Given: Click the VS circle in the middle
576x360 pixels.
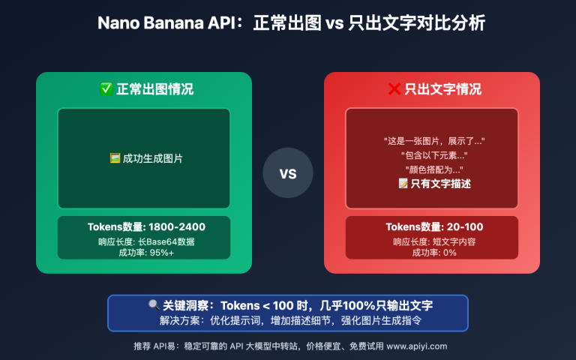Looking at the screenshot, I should [x=287, y=173].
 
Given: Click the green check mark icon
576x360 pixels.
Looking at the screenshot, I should [x=106, y=89].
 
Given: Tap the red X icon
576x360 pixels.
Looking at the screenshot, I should [x=394, y=89].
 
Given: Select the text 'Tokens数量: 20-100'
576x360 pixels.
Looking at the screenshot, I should [x=431, y=226].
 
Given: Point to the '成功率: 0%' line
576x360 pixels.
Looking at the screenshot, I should [x=431, y=253].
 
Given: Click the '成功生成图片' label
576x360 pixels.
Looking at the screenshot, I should [x=152, y=158].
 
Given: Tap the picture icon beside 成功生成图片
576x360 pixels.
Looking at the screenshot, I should [x=115, y=158].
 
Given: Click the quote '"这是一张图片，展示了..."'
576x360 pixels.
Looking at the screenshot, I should [x=431, y=141].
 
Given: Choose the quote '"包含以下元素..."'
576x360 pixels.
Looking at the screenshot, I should [x=431, y=155].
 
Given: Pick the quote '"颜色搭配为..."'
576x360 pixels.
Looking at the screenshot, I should [x=431, y=169].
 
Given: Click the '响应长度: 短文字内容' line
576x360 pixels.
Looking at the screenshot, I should [x=431, y=241].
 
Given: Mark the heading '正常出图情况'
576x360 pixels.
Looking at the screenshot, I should [x=154, y=89].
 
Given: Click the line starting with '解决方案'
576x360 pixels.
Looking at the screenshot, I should [x=287, y=320].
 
